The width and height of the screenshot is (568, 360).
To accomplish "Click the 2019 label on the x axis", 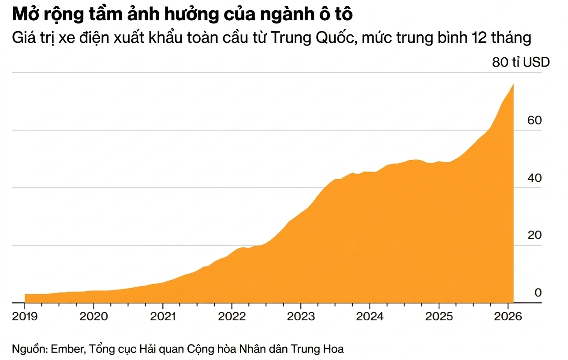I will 25,316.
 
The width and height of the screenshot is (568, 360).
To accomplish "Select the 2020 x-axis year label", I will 93,316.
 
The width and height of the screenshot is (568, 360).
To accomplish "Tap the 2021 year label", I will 163,316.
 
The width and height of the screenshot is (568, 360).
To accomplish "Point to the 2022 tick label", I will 232,316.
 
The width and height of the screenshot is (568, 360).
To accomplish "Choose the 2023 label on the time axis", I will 300,316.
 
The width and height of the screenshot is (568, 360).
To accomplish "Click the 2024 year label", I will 370,316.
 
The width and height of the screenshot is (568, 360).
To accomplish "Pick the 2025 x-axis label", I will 438,316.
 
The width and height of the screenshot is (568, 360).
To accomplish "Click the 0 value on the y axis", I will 538,292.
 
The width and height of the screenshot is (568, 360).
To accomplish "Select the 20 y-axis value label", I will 534,235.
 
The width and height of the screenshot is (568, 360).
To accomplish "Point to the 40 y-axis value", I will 534,178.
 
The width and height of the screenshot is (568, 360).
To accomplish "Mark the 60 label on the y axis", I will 534,120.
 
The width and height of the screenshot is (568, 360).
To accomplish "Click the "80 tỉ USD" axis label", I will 521,62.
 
